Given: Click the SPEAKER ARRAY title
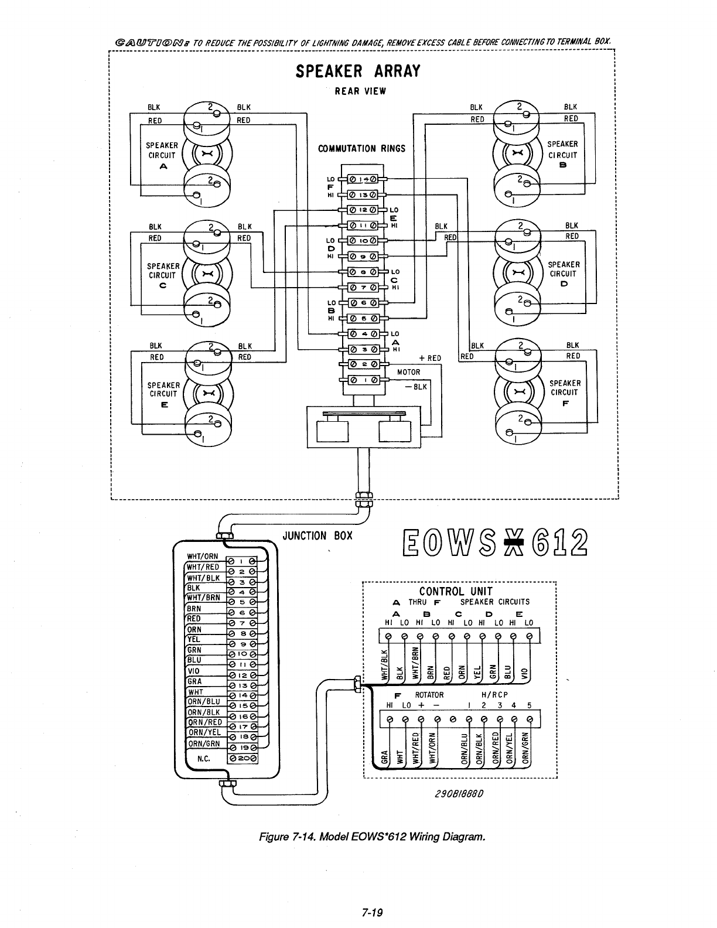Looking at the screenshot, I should tap(358, 71).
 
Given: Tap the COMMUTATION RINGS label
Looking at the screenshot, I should tap(361, 149).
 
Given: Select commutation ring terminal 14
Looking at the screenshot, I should tap(364, 179).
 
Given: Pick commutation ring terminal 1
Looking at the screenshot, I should tap(364, 380).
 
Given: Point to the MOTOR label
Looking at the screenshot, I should tap(408, 372).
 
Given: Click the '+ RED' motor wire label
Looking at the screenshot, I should tap(430, 359).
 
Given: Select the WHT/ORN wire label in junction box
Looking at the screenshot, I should tap(202, 557).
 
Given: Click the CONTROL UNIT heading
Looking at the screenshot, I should tap(456, 591).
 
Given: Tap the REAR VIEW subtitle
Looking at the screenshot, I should tap(360, 91).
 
